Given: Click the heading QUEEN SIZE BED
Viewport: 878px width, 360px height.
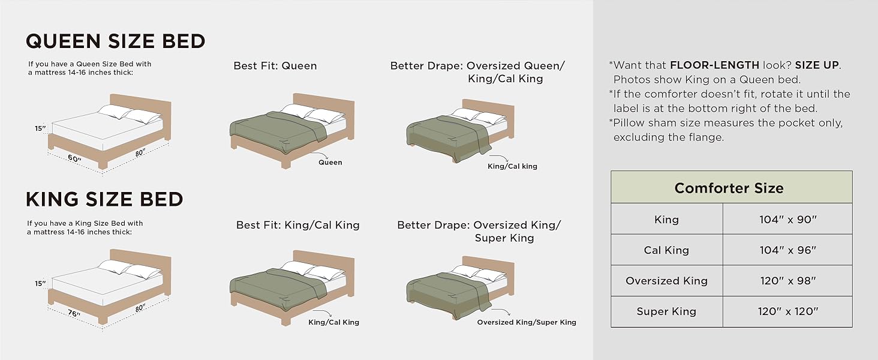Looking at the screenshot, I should [x=115, y=41].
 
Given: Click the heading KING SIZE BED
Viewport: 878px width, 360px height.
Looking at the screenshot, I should [x=104, y=199].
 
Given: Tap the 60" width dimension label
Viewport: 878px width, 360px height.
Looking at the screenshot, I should [x=74, y=158].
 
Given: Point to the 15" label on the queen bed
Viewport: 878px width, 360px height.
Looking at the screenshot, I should [x=40, y=128].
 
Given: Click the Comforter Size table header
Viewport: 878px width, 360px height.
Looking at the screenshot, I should [x=729, y=188].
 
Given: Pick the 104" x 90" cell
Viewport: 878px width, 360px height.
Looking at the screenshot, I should [x=787, y=220].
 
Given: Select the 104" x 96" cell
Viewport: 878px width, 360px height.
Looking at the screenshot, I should [x=787, y=250].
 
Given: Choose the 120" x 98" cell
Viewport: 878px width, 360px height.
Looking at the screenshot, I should [x=787, y=281].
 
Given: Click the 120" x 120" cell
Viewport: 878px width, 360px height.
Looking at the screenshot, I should [x=787, y=311].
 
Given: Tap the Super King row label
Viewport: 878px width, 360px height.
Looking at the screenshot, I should [x=666, y=311].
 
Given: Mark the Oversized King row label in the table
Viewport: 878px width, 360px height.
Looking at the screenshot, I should [x=666, y=281].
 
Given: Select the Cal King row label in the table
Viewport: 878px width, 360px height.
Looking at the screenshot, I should [x=666, y=250].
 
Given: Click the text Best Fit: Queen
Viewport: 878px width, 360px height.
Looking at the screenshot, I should [x=275, y=66].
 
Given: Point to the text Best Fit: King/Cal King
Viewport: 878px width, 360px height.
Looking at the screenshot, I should [x=297, y=225].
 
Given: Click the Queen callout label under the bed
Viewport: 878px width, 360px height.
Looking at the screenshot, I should [x=330, y=162].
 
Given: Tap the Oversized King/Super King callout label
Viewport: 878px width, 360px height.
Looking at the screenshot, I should [x=527, y=322].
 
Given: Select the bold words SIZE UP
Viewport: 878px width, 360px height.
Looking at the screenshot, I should [x=817, y=65].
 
